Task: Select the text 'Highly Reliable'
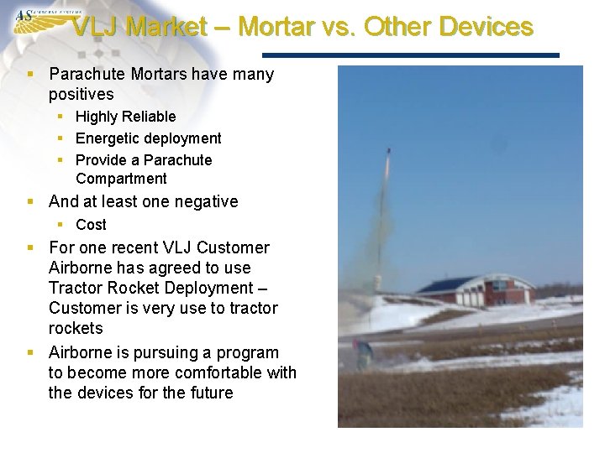click(x=125, y=117)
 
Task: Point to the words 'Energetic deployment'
click(x=148, y=138)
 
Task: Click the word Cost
click(x=91, y=225)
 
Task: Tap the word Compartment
click(x=121, y=179)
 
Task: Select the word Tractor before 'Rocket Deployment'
click(x=77, y=288)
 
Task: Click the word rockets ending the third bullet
click(x=76, y=328)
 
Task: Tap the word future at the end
click(x=210, y=393)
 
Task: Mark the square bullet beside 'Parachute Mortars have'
click(x=30, y=75)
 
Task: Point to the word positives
click(x=81, y=95)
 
